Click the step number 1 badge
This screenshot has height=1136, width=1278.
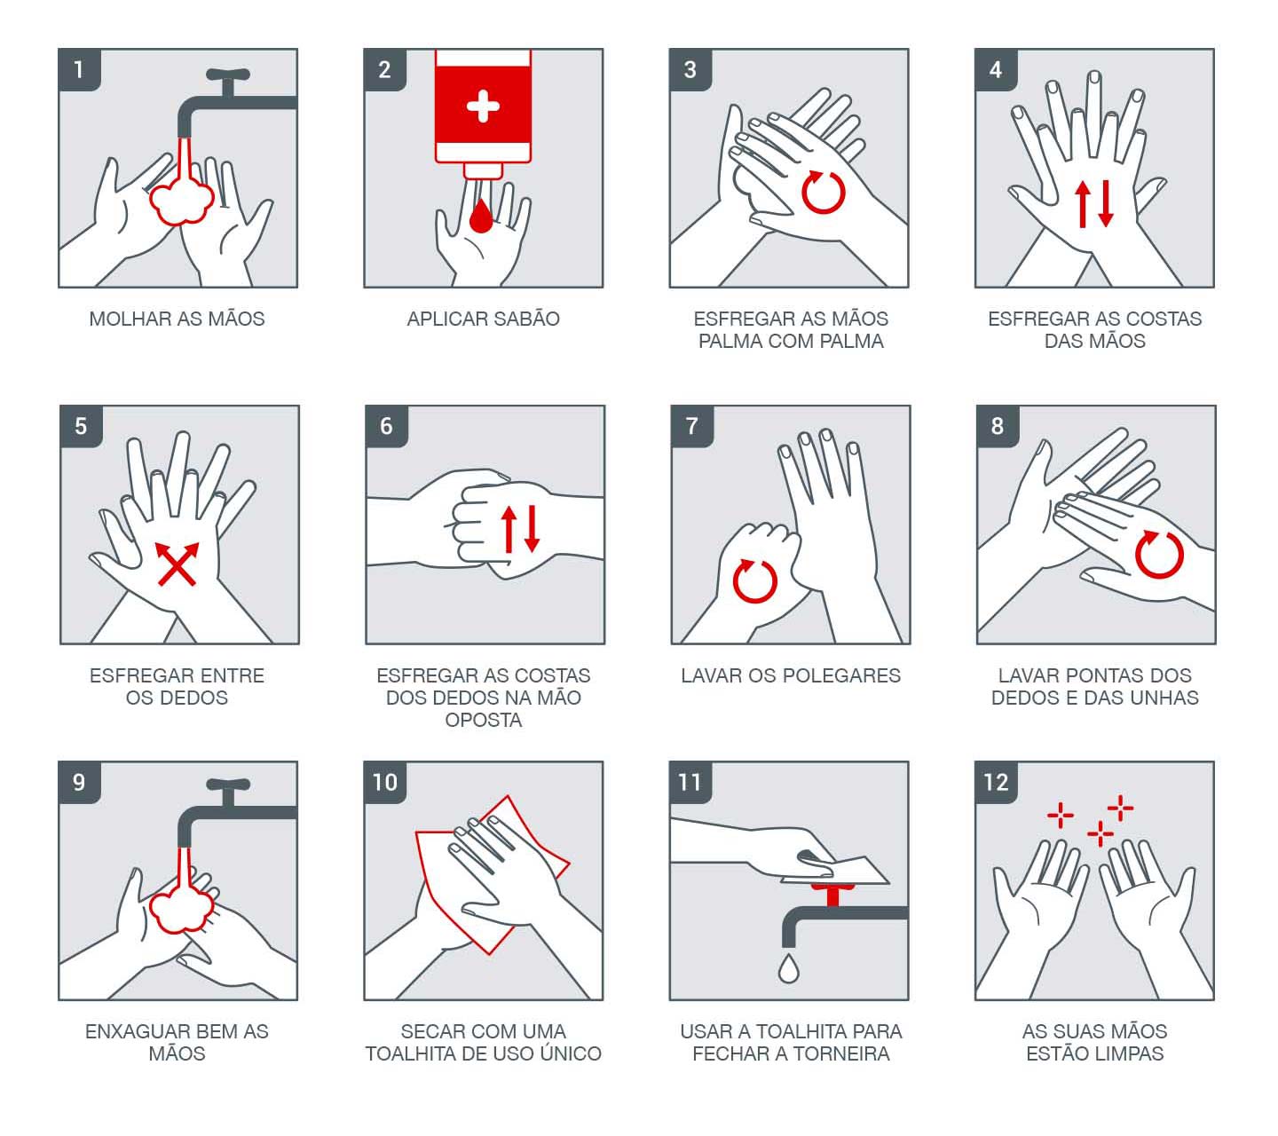pyautogui.click(x=79, y=70)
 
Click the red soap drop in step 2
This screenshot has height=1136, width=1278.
pyautogui.click(x=480, y=217)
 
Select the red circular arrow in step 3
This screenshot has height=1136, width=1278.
pyautogui.click(x=823, y=192)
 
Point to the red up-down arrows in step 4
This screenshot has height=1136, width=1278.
pyautogui.click(x=1094, y=203)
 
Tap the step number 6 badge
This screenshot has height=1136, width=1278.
pyautogui.click(x=386, y=427)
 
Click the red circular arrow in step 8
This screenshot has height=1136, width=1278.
pyautogui.click(x=1159, y=555)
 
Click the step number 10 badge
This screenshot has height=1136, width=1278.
pyautogui.click(x=385, y=783)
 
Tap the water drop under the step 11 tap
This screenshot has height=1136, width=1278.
pyautogui.click(x=788, y=968)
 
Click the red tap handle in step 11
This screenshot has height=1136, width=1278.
pyautogui.click(x=832, y=894)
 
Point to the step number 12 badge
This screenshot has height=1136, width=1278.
pyautogui.click(x=996, y=783)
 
